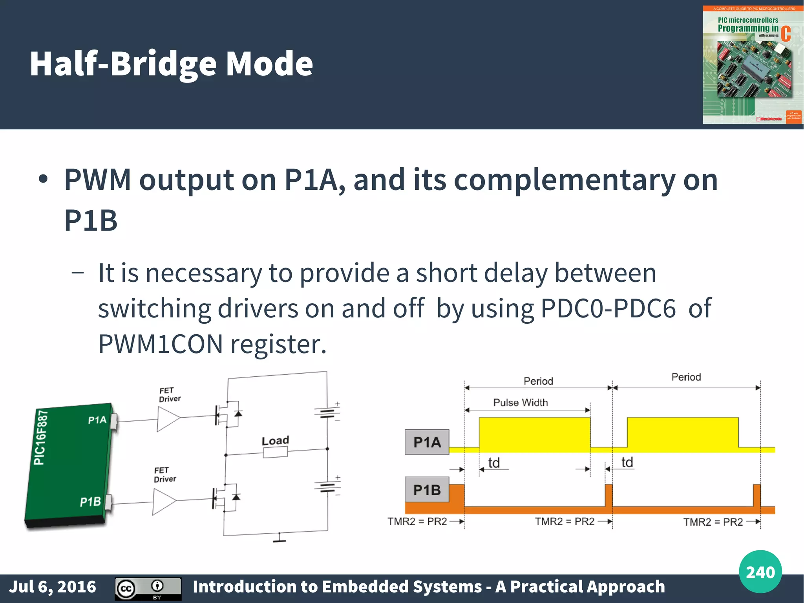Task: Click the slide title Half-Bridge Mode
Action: coord(171,64)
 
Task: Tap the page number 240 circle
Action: coord(760,572)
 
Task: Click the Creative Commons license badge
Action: coord(148,588)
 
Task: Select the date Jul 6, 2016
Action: coord(53,587)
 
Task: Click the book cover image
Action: coord(752,65)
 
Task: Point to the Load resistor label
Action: coord(275,441)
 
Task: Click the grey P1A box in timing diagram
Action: coord(427,442)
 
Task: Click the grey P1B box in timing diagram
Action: coord(427,490)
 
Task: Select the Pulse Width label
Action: coord(520,403)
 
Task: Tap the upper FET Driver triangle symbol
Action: coord(167,419)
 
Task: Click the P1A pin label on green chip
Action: coord(97,420)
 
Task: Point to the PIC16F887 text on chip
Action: coord(41,437)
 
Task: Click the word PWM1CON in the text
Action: coord(161,344)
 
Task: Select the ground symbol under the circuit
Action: coord(280,539)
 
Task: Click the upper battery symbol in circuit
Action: coord(327,412)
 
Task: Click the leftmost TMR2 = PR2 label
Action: coord(417,522)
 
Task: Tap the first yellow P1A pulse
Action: coord(534,434)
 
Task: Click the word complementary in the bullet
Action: coord(565,180)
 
